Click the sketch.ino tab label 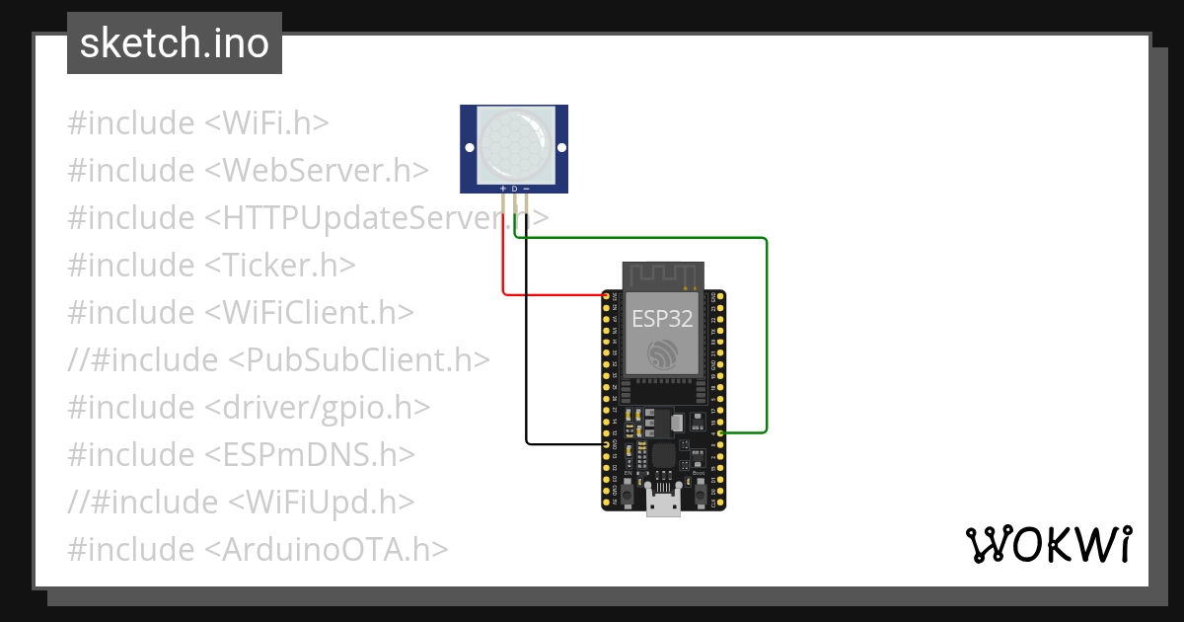pyautogui.click(x=175, y=44)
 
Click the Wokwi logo pyautogui.click(x=1047, y=544)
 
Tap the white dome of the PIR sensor pyautogui.click(x=514, y=146)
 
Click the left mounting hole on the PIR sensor pyautogui.click(x=469, y=148)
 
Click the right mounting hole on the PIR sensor pyautogui.click(x=560, y=148)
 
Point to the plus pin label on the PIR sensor pyautogui.click(x=503, y=188)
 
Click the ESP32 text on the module pyautogui.click(x=662, y=319)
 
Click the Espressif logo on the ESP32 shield pyautogui.click(x=662, y=355)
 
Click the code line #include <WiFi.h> pyautogui.click(x=198, y=123)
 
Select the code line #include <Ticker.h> pyautogui.click(x=211, y=265)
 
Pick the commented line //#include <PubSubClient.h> pyautogui.click(x=278, y=359)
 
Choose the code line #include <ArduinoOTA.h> pyautogui.click(x=259, y=549)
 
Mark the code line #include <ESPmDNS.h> pyautogui.click(x=241, y=454)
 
